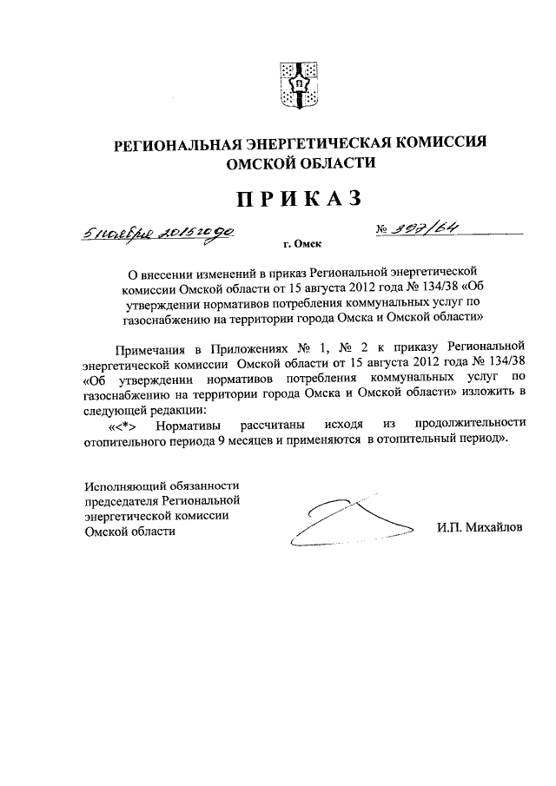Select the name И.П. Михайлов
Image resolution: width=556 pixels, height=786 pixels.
click(480, 528)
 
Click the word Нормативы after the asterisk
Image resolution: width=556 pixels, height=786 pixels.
click(190, 424)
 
